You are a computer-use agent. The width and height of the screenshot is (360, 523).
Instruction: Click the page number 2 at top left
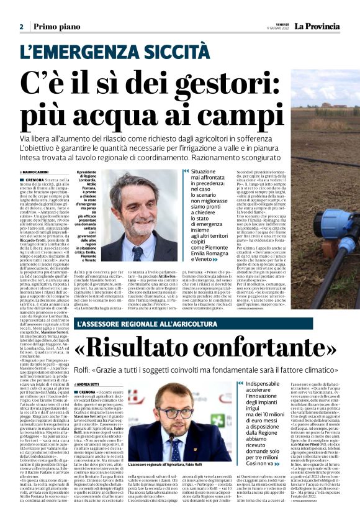(21, 27)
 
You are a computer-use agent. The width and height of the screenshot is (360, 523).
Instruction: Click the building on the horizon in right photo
(330, 106)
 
